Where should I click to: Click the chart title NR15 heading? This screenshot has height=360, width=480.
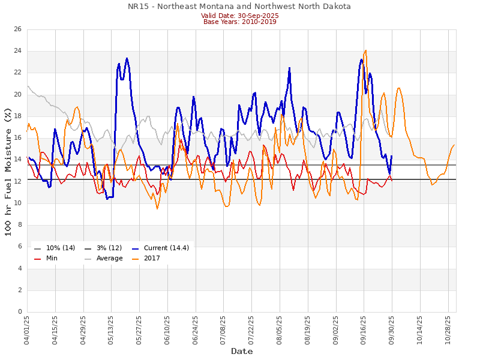click(x=239, y=7)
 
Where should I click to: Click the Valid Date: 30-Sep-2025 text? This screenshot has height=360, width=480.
click(x=239, y=16)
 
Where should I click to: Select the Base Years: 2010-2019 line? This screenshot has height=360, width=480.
click(x=239, y=22)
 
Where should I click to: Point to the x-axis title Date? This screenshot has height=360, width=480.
click(x=242, y=351)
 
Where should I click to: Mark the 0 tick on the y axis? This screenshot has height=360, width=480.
click(x=19, y=312)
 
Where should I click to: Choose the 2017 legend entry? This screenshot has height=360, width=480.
click(x=157, y=259)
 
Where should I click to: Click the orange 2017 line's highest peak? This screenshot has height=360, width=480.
click(x=365, y=50)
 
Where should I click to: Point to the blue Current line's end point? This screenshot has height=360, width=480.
click(x=392, y=156)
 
